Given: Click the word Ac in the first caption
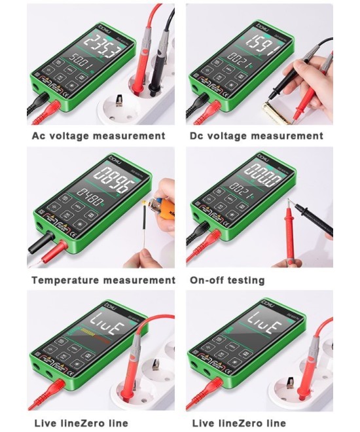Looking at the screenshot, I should click(x=41, y=136).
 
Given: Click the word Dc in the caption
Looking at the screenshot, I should click(x=199, y=136).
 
